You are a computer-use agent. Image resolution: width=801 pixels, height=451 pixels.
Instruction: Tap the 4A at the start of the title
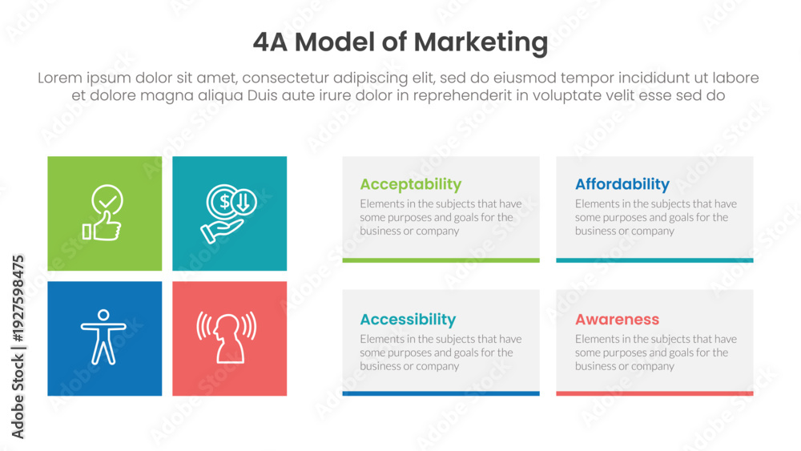point(270,42)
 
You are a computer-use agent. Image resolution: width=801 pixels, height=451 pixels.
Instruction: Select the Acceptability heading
point(411,184)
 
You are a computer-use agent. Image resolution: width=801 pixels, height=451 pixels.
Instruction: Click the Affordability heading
point(622,184)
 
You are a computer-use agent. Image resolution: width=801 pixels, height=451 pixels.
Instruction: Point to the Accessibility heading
point(408,319)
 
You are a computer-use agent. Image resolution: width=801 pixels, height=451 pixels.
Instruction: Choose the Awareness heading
point(617,319)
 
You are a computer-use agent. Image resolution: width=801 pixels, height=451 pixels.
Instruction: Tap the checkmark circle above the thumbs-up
point(107,199)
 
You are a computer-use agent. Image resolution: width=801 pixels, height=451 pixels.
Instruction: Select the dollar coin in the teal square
point(222,202)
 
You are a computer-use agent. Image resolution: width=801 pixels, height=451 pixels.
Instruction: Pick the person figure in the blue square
point(103,337)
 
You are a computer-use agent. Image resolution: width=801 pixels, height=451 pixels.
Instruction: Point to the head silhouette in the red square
point(227,339)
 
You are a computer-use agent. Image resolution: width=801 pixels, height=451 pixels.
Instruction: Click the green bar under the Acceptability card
point(441,260)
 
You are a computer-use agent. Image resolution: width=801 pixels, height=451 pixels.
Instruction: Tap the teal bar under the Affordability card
point(654,260)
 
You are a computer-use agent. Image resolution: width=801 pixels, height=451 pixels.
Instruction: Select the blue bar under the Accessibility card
point(441,393)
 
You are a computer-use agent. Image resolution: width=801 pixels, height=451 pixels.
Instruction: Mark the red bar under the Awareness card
point(654,393)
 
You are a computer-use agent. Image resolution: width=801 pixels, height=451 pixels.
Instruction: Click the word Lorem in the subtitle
point(60,78)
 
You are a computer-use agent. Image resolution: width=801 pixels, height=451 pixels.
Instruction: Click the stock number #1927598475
point(18,298)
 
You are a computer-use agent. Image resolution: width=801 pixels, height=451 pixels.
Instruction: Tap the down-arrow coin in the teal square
point(244,202)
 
